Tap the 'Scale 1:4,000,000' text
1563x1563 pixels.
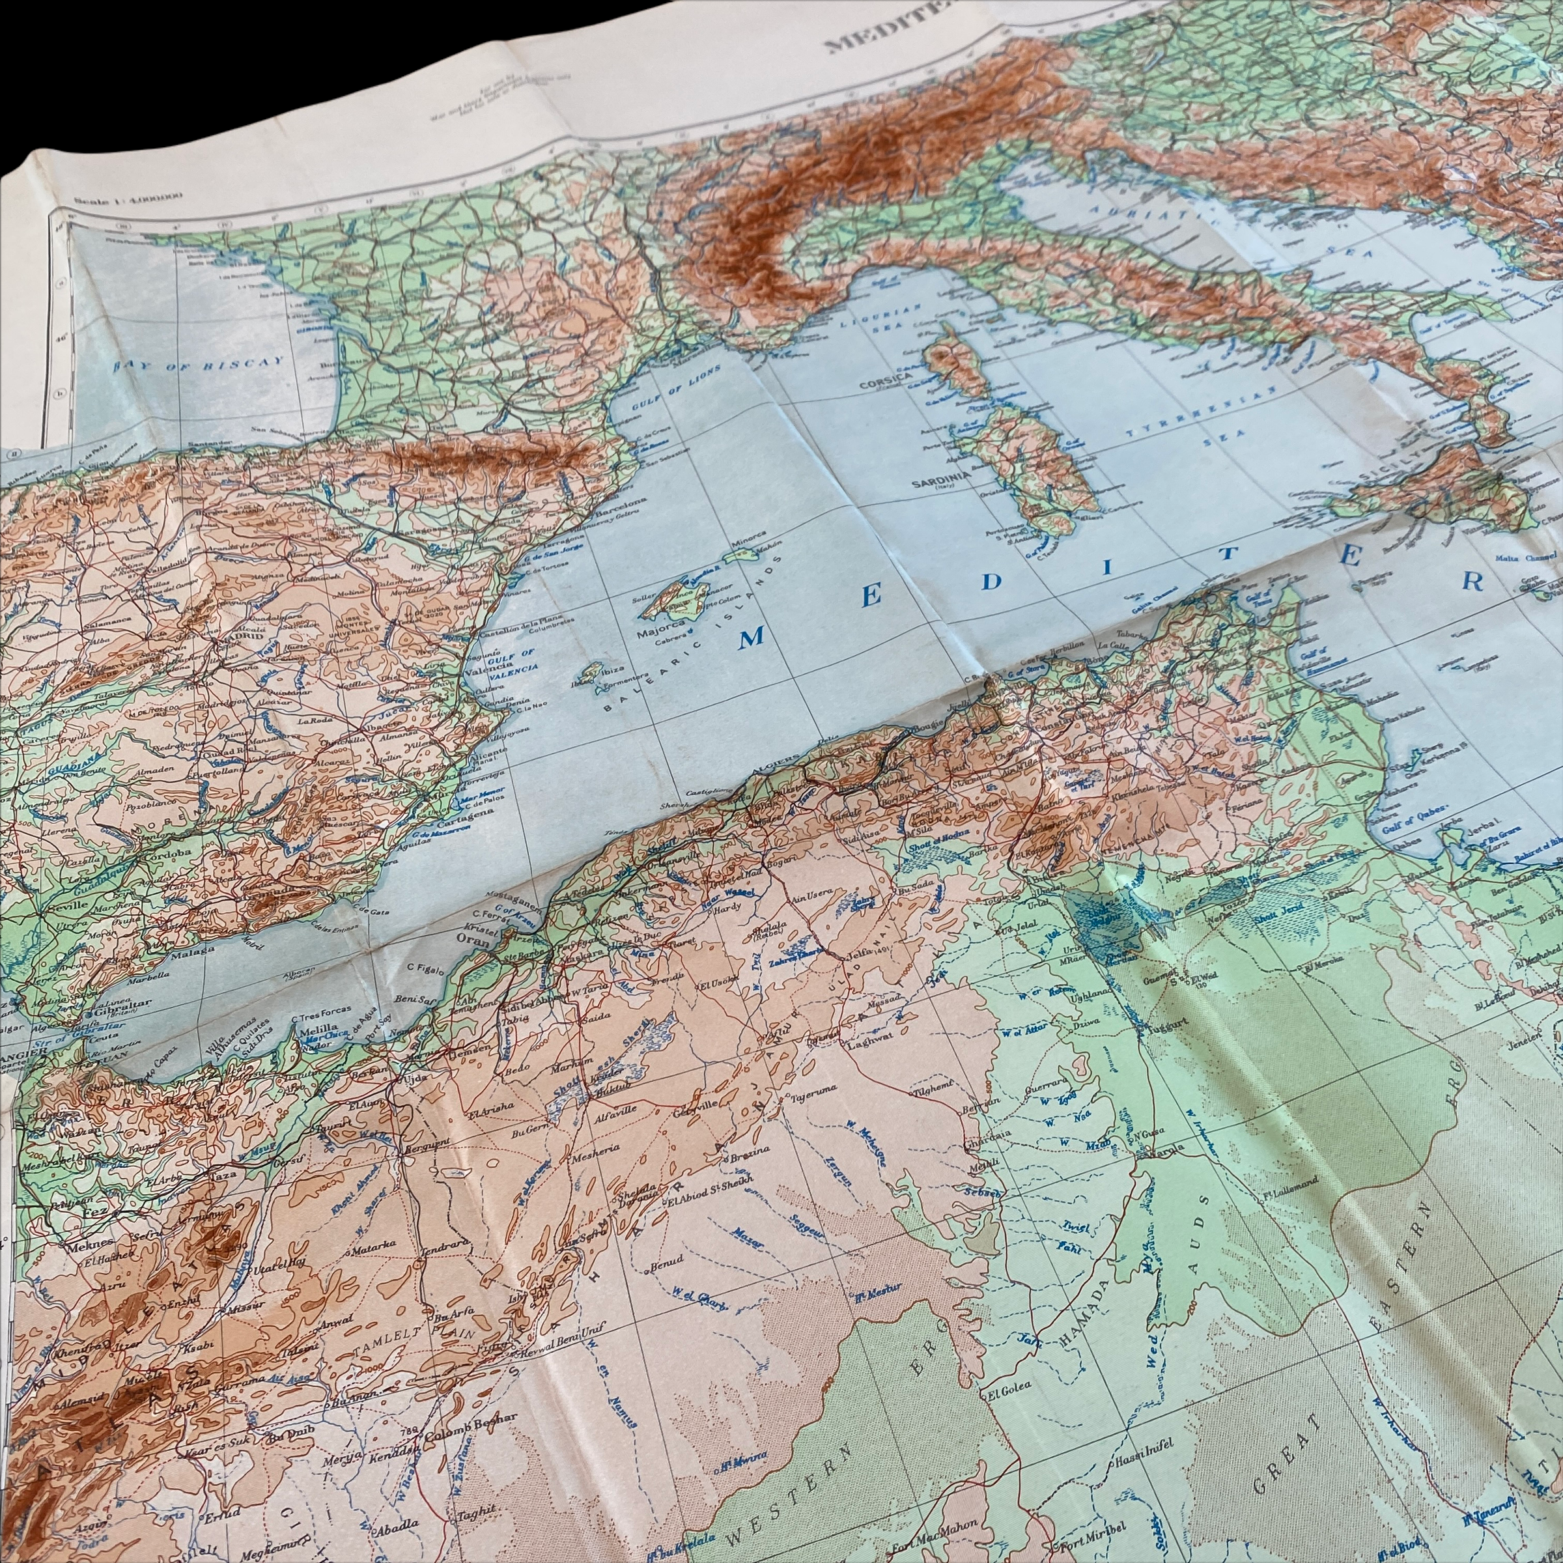[128, 197]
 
